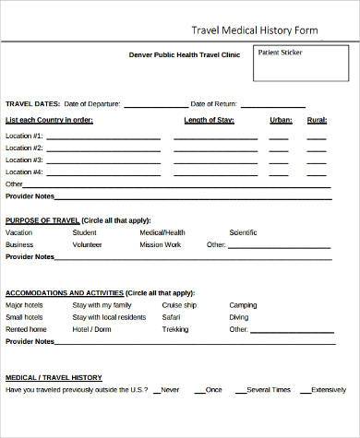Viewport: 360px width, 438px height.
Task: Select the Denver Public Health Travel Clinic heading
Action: [185, 54]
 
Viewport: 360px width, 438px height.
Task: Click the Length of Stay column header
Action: [208, 120]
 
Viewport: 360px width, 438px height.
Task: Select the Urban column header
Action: [281, 120]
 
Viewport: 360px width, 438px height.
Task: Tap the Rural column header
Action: [317, 120]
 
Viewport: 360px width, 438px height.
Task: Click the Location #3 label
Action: [24, 160]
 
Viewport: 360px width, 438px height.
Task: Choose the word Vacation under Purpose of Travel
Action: [18, 232]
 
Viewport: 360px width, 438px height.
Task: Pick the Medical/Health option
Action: [162, 232]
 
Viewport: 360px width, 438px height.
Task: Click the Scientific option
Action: [243, 232]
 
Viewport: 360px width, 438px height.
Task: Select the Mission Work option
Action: [161, 245]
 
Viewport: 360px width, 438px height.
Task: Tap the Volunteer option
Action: [87, 245]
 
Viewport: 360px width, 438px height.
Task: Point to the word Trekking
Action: [175, 329]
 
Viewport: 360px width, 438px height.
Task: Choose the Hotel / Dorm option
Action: [91, 329]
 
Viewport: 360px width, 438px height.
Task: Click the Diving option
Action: [239, 317]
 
